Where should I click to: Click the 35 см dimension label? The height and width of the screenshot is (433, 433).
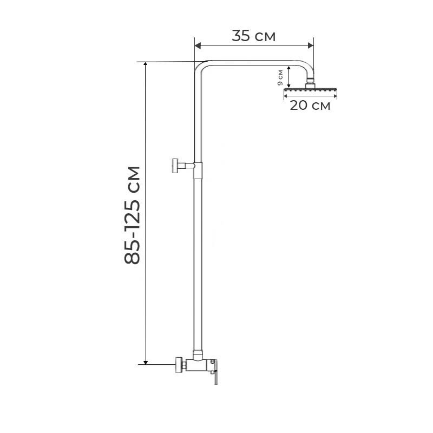[253, 36]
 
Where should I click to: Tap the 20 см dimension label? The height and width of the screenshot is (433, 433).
[310, 105]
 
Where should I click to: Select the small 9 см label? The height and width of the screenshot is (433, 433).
[280, 78]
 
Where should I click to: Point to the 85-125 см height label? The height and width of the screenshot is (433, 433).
[132, 215]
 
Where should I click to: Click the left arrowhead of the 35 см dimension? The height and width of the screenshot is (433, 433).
[198, 45]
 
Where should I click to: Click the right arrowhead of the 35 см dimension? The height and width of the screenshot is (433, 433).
[311, 45]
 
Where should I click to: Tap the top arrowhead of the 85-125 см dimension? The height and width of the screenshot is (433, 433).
[146, 64]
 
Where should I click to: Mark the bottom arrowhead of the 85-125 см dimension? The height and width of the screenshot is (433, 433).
[146, 362]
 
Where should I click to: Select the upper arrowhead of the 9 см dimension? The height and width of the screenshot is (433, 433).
[289, 68]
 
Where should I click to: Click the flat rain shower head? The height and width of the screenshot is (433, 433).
[310, 90]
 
